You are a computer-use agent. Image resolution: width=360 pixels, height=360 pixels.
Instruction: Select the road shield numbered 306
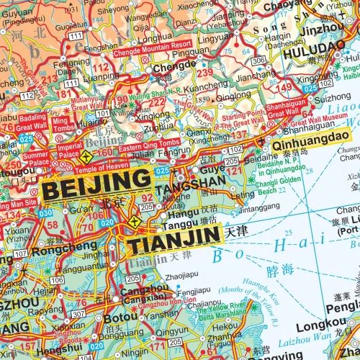click(x=258, y=60)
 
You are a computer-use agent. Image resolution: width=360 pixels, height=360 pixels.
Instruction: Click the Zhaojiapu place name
click(x=186, y=275)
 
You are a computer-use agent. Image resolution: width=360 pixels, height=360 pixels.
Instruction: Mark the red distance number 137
click(x=238, y=135)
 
